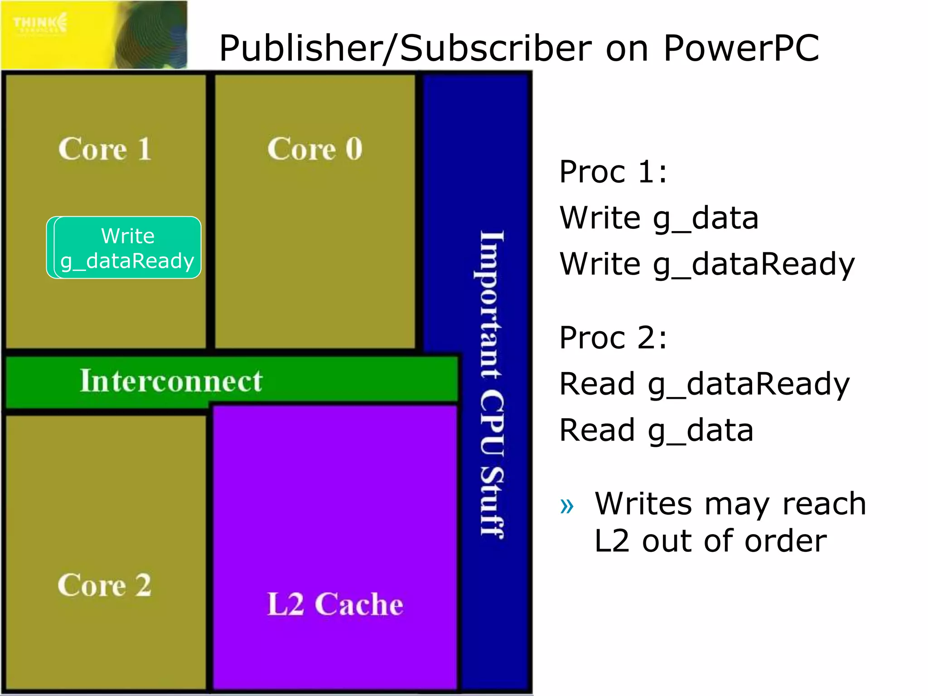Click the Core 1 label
[105, 149]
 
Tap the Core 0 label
[314, 149]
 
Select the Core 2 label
[104, 585]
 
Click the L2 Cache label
[335, 604]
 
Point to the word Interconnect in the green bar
[171, 381]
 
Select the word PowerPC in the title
[741, 48]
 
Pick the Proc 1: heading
[613, 172]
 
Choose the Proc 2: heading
[613, 338]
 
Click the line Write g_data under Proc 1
[658, 218]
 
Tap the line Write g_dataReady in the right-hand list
[707, 264]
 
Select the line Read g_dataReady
[704, 384]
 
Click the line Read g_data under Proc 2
[656, 430]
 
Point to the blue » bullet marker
[567, 506]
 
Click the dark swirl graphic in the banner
[154, 36]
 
